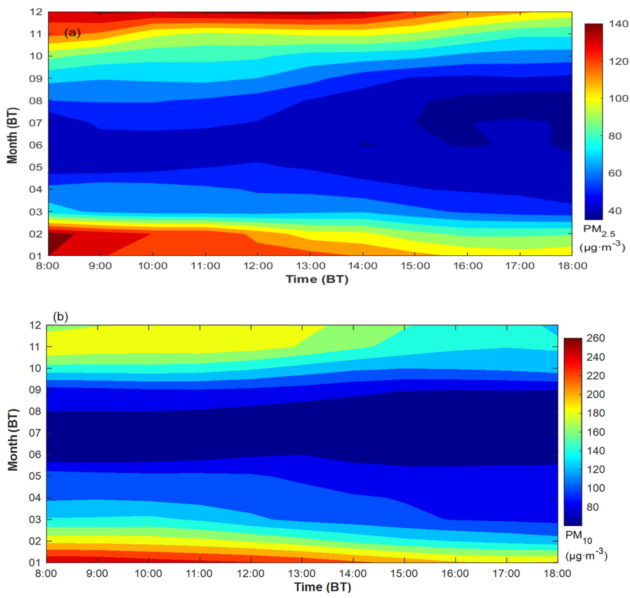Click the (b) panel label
click(x=61, y=317)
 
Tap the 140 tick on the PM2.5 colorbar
click(x=618, y=24)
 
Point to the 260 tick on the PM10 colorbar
click(x=595, y=338)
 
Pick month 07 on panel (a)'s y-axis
click(x=36, y=123)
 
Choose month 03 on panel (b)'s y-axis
click(x=35, y=520)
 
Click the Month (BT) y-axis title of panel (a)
click(x=12, y=135)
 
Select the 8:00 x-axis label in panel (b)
click(x=47, y=574)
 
